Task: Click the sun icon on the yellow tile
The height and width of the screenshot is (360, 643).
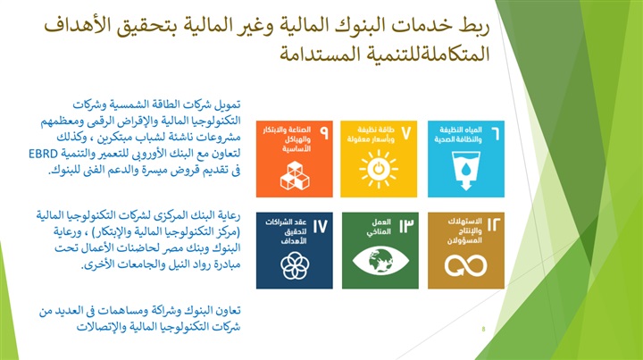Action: (378, 169)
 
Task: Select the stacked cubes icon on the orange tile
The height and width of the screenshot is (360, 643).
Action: (295, 175)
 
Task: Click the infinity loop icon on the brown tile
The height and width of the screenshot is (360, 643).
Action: (466, 265)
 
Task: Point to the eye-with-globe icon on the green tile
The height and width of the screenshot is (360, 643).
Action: (380, 261)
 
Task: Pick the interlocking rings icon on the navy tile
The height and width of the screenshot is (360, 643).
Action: (295, 265)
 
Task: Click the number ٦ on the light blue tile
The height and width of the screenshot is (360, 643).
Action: (496, 134)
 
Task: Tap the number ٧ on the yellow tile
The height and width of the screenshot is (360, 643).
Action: (405, 133)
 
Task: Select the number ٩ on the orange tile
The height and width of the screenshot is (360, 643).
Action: (324, 133)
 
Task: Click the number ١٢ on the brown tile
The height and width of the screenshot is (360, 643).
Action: (494, 225)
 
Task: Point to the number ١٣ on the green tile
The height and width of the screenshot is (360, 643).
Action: (406, 226)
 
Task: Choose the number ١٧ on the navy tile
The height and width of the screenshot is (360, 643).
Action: (321, 226)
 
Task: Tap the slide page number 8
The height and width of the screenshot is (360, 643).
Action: (484, 329)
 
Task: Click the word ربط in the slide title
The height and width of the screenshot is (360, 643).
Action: (475, 25)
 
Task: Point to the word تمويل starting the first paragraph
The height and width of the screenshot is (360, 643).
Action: (228, 105)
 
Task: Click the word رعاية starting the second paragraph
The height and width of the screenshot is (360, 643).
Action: (228, 215)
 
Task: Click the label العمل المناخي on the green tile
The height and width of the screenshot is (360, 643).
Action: (379, 227)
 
